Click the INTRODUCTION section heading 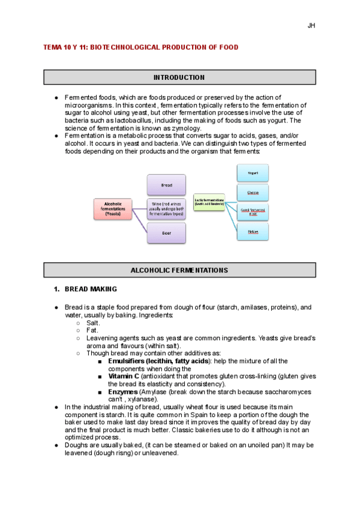click(x=179, y=77)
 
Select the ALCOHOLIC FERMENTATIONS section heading click(x=179, y=271)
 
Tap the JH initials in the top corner click(x=311, y=25)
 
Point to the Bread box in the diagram click(x=166, y=185)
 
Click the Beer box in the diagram click(x=166, y=232)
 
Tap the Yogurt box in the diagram click(x=253, y=173)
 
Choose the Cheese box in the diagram click(x=253, y=192)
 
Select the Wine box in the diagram click(x=166, y=208)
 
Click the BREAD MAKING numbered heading click(x=91, y=289)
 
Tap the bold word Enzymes click(x=123, y=391)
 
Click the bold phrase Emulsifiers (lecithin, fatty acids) click(x=158, y=361)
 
